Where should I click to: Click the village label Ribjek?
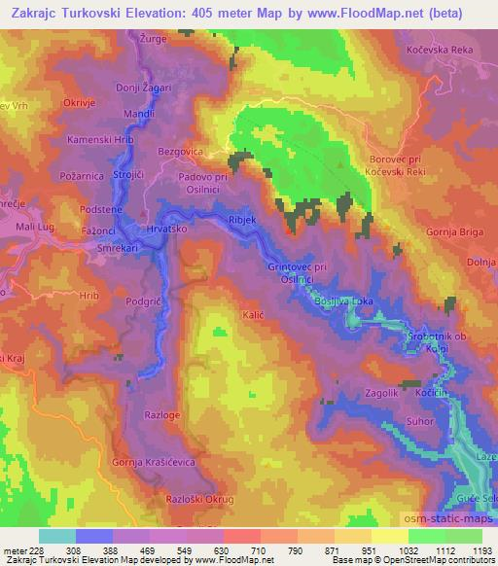tap(241, 221)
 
